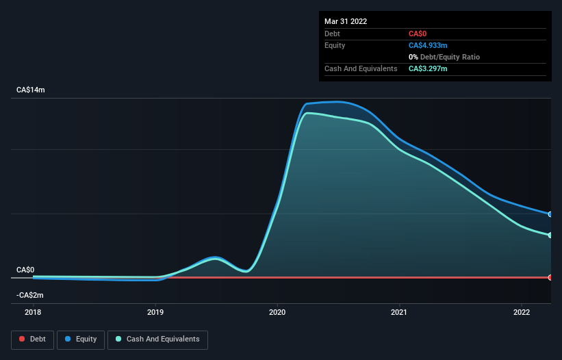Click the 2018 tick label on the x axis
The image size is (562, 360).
33,312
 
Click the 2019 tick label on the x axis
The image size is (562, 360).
155,312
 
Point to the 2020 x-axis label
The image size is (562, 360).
277,312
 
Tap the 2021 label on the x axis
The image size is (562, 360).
399,312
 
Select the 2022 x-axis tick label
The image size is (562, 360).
522,312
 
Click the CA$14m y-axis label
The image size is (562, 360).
31,90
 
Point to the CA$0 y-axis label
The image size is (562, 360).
25,270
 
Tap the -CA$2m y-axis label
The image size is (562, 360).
30,295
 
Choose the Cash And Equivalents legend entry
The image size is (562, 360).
157,339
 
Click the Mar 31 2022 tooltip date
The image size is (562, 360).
346,21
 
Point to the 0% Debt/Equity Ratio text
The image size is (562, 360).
445,57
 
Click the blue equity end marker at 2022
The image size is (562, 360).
550,214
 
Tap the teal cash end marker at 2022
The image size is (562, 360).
550,235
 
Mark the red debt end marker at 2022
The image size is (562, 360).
550,277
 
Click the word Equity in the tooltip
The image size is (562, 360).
335,45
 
